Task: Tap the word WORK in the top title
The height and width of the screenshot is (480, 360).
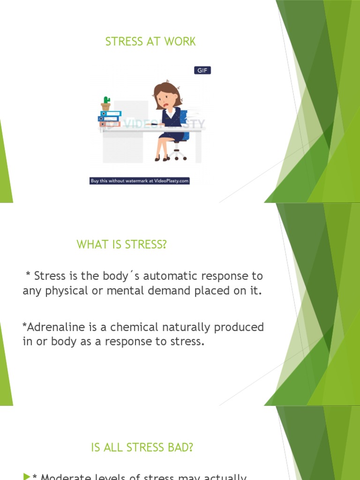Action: click(x=180, y=42)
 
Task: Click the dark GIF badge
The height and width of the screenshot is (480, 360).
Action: click(x=202, y=70)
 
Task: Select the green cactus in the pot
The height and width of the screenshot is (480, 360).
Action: click(x=106, y=100)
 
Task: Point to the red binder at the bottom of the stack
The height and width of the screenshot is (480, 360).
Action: click(x=110, y=124)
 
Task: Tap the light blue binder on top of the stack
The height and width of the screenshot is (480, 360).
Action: click(x=111, y=113)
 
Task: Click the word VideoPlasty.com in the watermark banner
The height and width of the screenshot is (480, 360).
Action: click(x=172, y=181)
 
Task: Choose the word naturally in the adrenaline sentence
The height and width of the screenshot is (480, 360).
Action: click(x=186, y=327)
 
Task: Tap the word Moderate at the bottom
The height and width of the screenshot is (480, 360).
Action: click(x=65, y=477)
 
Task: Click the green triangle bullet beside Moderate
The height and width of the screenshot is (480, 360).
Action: click(x=26, y=477)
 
